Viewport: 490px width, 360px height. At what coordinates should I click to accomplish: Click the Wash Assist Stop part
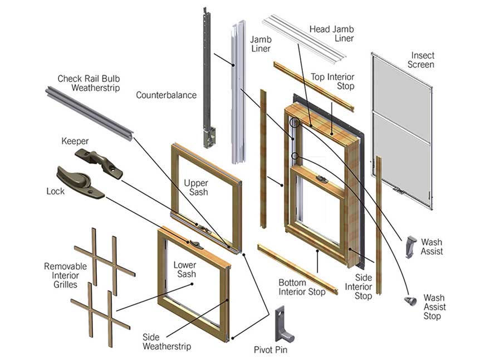410,301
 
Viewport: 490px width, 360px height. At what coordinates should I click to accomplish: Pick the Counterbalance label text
166,95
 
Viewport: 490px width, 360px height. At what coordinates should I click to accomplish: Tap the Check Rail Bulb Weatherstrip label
89,83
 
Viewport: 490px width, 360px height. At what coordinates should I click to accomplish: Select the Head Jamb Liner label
331,33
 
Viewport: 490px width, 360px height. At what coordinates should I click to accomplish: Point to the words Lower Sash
185,270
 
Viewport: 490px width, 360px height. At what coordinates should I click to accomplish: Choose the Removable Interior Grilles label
65,275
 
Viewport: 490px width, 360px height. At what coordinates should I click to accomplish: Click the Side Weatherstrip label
166,342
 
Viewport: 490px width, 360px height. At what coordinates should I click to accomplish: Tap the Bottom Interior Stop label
302,287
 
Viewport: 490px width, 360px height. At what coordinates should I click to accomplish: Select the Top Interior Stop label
332,82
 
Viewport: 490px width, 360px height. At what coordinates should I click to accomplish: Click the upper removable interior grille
105,260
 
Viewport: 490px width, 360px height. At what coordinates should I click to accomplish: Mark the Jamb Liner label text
260,44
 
